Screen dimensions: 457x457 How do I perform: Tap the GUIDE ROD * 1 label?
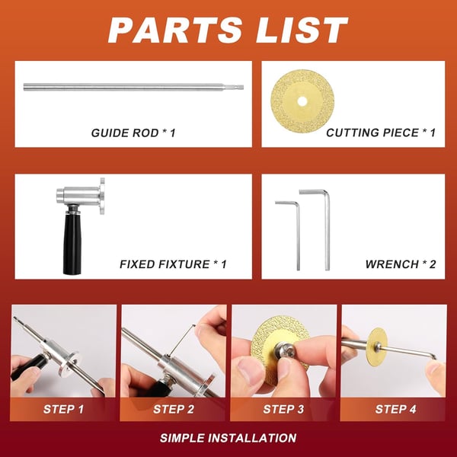[133, 133]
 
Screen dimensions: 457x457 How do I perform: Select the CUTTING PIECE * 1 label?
[381, 133]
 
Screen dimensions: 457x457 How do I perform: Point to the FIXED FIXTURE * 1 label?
[173, 264]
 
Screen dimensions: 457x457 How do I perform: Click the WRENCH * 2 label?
[401, 264]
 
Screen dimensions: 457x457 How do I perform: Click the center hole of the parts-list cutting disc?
[302, 99]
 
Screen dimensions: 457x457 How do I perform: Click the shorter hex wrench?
[296, 228]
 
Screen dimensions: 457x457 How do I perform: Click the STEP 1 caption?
[64, 409]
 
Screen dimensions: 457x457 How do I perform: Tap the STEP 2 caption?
[174, 409]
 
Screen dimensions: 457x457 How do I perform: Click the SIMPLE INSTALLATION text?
[228, 438]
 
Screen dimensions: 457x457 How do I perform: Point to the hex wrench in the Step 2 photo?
[183, 339]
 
